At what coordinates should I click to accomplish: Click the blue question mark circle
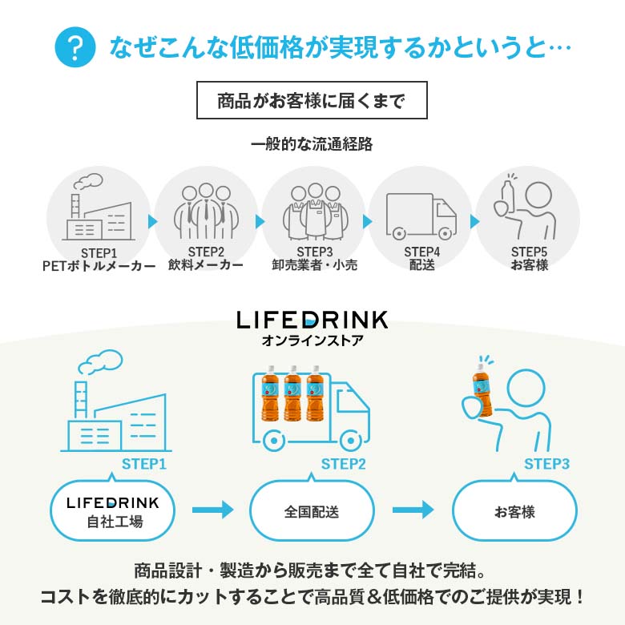tap(75, 47)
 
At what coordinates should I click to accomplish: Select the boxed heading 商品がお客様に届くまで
tap(312, 100)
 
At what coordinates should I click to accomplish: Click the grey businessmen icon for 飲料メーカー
tap(206, 211)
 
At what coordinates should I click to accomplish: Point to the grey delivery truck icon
tap(421, 216)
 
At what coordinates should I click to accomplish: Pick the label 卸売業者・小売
tap(314, 264)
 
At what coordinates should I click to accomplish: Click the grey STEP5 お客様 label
tap(530, 258)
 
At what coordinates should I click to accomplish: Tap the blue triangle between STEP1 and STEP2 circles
tap(152, 222)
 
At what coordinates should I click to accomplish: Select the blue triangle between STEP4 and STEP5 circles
tap(474, 222)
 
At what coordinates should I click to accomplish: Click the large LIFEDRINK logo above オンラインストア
tap(312, 320)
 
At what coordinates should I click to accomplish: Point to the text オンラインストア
tap(312, 341)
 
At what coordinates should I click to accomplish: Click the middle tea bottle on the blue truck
tap(293, 393)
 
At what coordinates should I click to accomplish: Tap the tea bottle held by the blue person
tap(482, 390)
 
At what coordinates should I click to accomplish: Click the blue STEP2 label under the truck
tap(343, 464)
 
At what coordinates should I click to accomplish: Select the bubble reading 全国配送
tap(312, 510)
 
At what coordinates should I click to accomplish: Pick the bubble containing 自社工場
tap(113, 510)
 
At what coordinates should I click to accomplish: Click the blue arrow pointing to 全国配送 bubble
tap(213, 510)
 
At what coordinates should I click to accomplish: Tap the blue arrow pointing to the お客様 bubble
tap(413, 510)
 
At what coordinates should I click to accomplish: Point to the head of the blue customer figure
tap(526, 389)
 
